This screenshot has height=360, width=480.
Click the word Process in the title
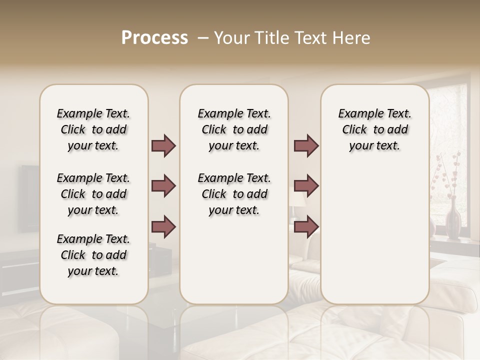(x=154, y=38)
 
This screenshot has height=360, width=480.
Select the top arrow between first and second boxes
(x=163, y=145)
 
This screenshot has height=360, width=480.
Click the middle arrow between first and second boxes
(x=163, y=186)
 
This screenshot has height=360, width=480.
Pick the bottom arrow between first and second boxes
(x=163, y=226)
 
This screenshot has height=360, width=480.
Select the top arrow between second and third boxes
(x=306, y=145)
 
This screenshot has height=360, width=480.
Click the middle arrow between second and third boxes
(x=306, y=186)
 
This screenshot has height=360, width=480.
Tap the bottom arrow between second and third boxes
(x=306, y=226)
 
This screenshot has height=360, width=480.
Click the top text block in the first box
(x=93, y=129)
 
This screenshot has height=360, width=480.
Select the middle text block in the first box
(x=93, y=194)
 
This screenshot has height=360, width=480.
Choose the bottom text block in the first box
(x=93, y=255)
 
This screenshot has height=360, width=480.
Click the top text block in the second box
(x=234, y=129)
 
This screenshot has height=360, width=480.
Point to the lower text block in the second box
(x=234, y=194)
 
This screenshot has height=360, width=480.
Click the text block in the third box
(x=374, y=129)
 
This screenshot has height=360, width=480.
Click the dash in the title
(x=203, y=38)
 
